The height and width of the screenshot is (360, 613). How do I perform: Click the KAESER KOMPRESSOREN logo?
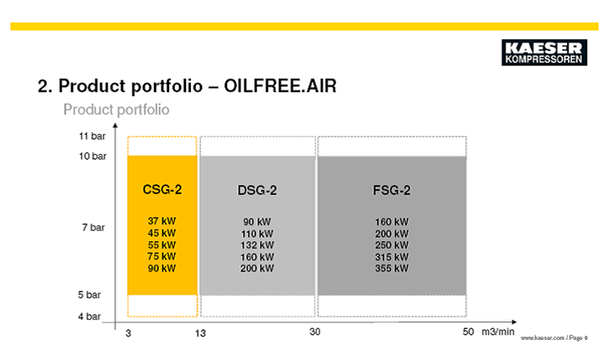(544, 53)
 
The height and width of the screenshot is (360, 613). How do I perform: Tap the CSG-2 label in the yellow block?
(162, 189)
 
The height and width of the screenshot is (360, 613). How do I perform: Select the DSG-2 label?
(257, 190)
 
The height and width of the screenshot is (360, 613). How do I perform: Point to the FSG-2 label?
(392, 190)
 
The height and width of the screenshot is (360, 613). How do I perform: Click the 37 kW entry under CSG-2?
(162, 221)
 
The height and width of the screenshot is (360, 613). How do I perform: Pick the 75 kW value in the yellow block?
(162, 256)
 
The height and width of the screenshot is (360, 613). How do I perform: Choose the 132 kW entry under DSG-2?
(257, 245)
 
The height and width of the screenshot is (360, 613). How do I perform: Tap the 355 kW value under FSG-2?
(392, 269)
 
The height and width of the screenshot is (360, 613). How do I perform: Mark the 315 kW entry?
(392, 257)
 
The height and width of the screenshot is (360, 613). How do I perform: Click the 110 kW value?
(257, 234)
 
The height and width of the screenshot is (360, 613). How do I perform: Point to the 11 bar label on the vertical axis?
(92, 136)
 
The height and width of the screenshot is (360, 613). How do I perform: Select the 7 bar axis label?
(94, 228)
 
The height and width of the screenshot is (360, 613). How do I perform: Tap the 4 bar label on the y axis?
(90, 316)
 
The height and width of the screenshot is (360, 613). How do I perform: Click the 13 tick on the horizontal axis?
(200, 333)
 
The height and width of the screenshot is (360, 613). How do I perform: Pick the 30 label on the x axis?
(315, 332)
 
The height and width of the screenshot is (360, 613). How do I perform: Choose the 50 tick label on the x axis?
(468, 332)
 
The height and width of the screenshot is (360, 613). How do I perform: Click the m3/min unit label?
(498, 332)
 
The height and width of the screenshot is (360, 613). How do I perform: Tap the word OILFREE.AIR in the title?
(280, 86)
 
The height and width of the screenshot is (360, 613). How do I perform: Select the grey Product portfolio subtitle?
(116, 110)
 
